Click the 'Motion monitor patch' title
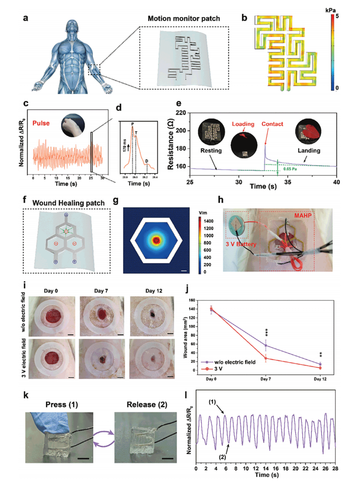[184, 18]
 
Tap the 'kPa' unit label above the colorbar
[330, 10]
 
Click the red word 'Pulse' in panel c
[41, 123]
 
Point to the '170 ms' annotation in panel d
[124, 145]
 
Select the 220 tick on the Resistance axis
[181, 113]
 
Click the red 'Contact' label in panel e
[272, 124]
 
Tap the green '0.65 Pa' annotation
[290, 169]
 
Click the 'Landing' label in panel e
[309, 150]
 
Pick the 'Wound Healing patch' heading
[68, 203]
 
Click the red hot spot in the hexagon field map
[156, 240]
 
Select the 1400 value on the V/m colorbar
[208, 221]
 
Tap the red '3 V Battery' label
[241, 244]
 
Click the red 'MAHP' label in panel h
[303, 215]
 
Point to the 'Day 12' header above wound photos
[153, 291]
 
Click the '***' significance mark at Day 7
[267, 333]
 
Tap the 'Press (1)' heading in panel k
[61, 405]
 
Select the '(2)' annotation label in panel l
[223, 457]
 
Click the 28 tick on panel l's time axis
[335, 468]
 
